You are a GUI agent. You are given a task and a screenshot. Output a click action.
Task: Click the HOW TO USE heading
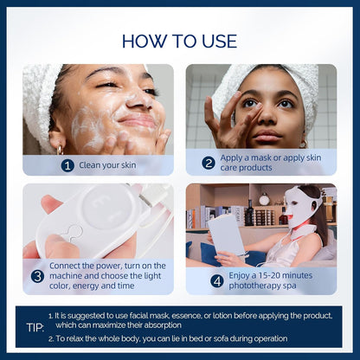click(179, 40)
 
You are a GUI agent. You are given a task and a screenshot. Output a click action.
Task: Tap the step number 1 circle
click(67, 165)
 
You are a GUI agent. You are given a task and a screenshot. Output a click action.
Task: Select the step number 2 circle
click(209, 163)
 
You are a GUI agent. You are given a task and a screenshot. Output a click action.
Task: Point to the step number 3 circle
click(37, 276)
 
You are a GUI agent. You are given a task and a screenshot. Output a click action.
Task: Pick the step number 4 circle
click(216, 280)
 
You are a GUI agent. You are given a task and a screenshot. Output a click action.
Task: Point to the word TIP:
click(35, 328)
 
